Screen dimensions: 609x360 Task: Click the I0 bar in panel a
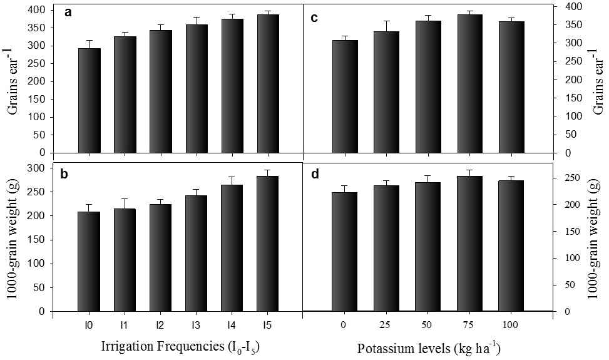pyautogui.click(x=90, y=101)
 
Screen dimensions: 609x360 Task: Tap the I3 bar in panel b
pyautogui.click(x=197, y=253)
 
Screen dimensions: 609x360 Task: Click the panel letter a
pyautogui.click(x=68, y=13)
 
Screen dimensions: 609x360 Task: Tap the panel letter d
pyautogui.click(x=315, y=174)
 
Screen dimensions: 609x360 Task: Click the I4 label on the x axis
pyautogui.click(x=231, y=325)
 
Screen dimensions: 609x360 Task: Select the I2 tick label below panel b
pyautogui.click(x=160, y=325)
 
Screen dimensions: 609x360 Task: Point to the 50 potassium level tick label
pyautogui.click(x=426, y=325)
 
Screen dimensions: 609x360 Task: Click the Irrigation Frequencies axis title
pyautogui.click(x=180, y=346)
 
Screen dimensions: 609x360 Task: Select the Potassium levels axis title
pyautogui.click(x=428, y=348)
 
